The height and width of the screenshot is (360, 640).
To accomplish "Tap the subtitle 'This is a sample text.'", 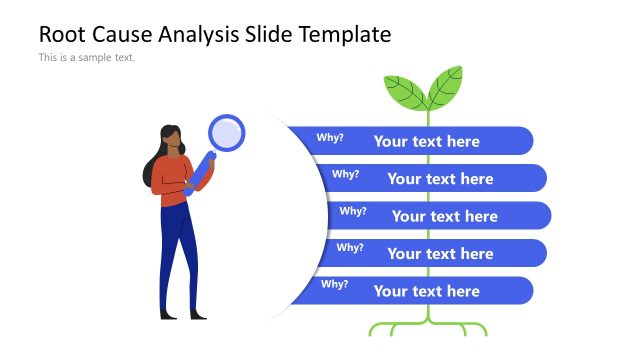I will point(87,58).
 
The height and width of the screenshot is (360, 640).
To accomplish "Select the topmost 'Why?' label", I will point(330,138).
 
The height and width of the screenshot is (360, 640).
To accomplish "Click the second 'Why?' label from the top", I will point(345,174).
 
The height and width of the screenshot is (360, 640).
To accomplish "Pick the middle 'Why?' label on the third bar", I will point(353,211).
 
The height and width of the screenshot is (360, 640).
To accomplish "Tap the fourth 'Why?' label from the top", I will point(350,248).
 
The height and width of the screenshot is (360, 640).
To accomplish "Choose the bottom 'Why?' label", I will point(335,285).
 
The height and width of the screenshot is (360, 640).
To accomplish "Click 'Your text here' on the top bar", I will point(427,141).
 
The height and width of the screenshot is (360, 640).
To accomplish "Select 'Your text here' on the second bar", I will point(440,179).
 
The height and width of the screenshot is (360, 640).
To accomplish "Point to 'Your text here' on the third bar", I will point(445,216).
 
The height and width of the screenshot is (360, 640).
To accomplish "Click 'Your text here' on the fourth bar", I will point(440,254).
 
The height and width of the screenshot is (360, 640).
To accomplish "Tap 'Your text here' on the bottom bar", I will point(427,291).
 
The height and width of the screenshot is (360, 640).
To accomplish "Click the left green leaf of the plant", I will point(405,92).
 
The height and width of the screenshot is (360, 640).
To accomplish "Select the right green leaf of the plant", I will point(445,87).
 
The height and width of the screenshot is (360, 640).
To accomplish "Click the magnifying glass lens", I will point(227,132).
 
